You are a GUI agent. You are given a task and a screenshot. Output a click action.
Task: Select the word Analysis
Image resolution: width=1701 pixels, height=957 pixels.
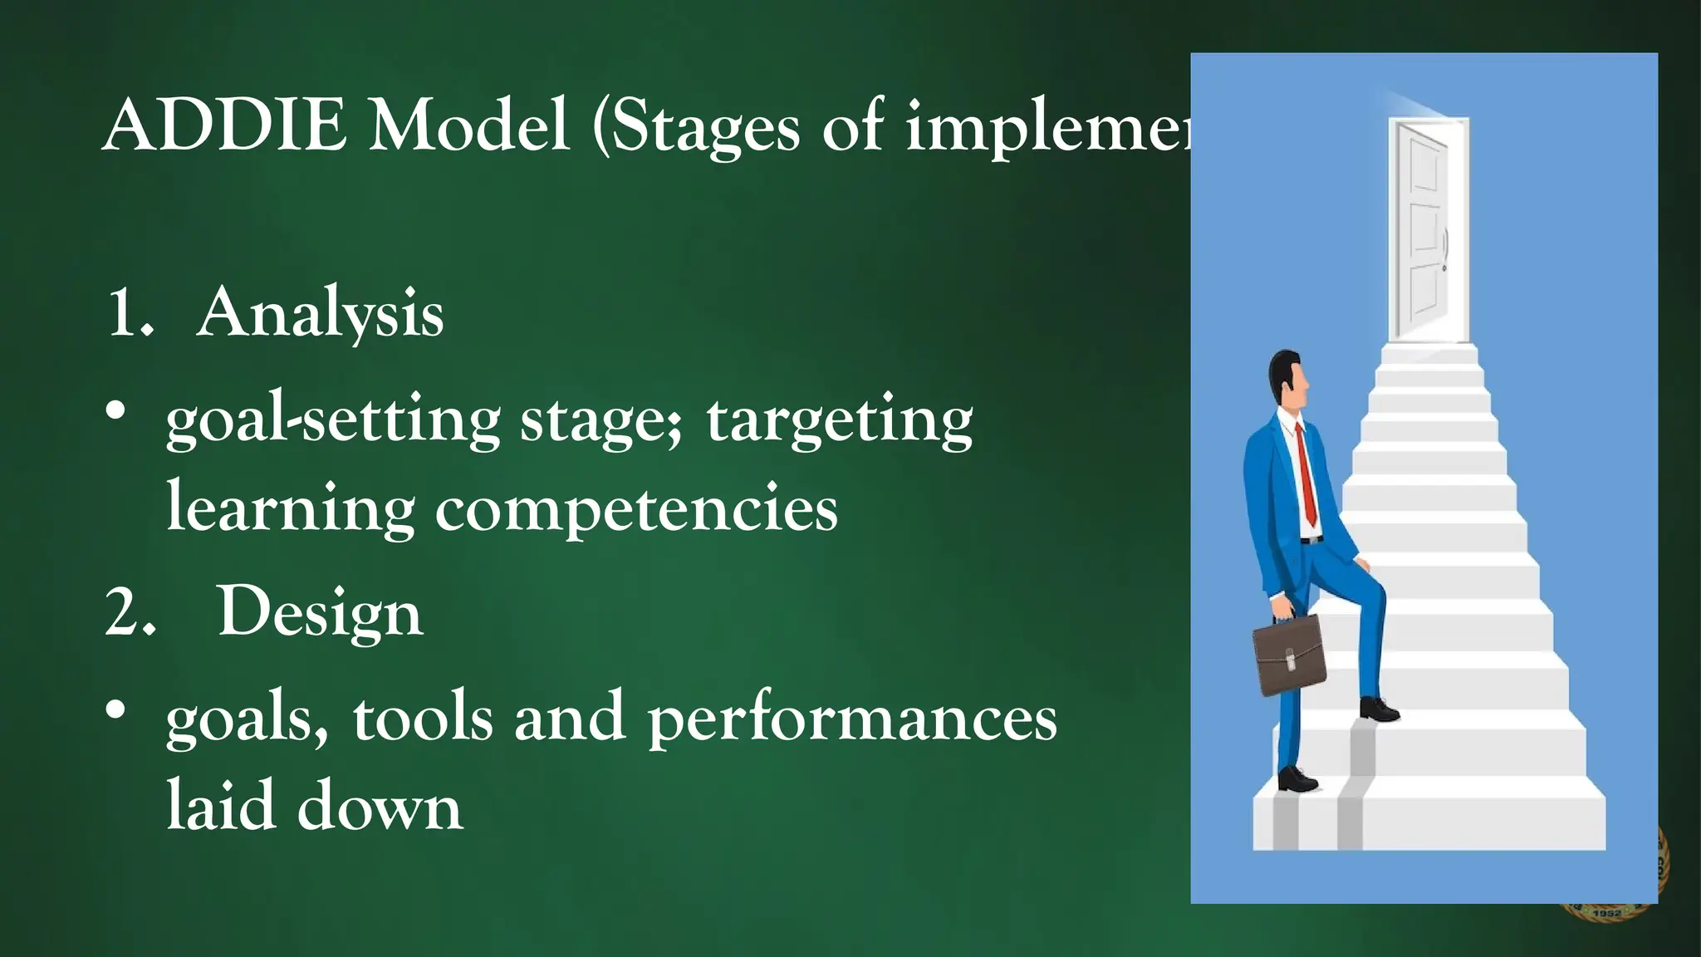320,314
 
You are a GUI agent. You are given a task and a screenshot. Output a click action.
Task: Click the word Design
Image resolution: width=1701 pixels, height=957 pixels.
320,613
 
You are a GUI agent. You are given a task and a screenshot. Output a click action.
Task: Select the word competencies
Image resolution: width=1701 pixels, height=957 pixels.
636,508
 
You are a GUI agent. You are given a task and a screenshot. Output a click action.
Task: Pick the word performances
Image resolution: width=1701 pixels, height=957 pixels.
852,719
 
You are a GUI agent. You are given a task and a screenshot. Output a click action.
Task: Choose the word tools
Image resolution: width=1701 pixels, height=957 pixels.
423,717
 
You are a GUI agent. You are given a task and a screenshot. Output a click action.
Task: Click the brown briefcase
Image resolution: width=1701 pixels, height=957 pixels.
1288,656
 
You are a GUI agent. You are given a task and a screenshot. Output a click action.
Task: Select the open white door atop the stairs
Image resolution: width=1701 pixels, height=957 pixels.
1427,228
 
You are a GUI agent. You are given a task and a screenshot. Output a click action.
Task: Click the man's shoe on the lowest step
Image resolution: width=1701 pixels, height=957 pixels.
1297,780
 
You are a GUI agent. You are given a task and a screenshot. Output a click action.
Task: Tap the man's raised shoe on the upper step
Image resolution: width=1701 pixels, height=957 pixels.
1379,709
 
